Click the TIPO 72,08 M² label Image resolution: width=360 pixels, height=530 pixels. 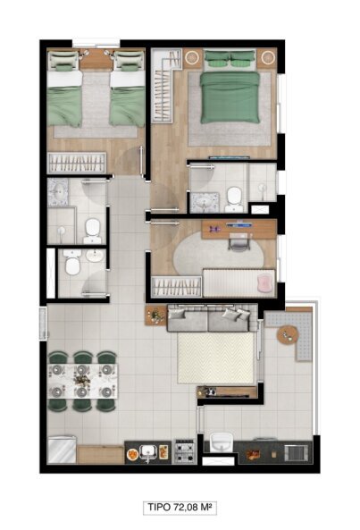[x=180, y=507]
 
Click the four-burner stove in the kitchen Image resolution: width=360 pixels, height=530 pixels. [x=185, y=451]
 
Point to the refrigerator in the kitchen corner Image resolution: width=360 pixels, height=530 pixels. [x=62, y=450]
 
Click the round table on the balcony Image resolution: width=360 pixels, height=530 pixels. [x=288, y=334]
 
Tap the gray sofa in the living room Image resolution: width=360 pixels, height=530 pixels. [x=209, y=319]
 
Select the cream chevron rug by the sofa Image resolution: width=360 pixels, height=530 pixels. [x=216, y=358]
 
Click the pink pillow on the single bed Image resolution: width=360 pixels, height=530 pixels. [x=264, y=282]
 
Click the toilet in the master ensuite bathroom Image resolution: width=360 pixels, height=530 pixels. [x=234, y=200]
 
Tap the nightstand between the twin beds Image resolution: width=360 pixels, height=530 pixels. [x=96, y=60]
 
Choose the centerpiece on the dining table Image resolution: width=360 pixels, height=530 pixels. [x=82, y=381]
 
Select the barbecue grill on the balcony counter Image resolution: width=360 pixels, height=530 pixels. [x=297, y=452]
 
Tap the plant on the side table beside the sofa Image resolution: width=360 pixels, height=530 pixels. [x=155, y=316]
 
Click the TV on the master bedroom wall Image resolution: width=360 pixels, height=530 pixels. [x=230, y=157]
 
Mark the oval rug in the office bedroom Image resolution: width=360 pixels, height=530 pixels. [x=218, y=253]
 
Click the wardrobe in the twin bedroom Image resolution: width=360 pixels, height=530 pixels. [x=77, y=163]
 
